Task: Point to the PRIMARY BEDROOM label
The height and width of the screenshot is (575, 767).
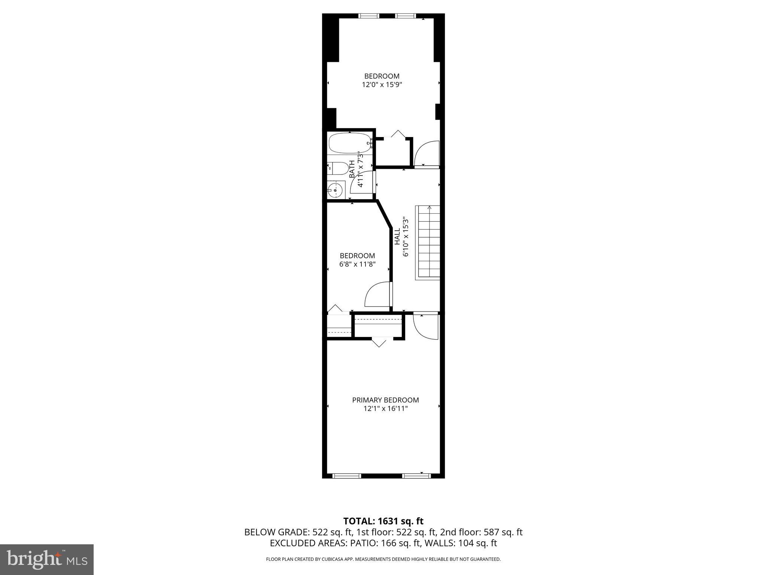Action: point(385,400)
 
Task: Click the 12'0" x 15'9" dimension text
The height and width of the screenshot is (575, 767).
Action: point(382,85)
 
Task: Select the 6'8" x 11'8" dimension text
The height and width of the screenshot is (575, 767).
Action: point(357,264)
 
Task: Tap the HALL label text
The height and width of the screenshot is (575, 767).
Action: point(397,237)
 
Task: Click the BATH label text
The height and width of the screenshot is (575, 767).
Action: point(352,169)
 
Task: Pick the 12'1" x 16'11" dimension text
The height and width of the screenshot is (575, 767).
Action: point(385,408)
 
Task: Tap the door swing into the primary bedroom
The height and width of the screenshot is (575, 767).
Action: point(426,327)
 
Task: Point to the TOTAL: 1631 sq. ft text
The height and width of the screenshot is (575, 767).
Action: point(383,521)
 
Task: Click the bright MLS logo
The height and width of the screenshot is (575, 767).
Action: point(47,559)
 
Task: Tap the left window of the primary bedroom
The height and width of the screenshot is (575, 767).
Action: point(347,476)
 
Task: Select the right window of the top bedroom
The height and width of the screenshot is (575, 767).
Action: point(406,16)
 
